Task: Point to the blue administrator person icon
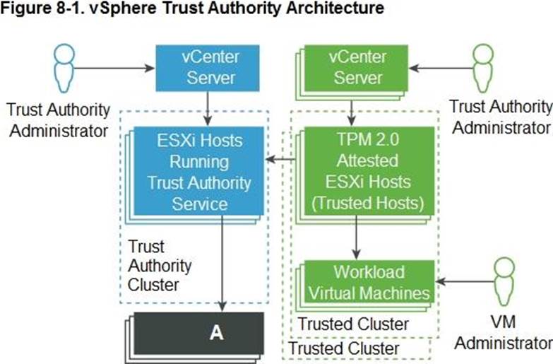(64, 68)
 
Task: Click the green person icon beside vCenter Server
(484, 68)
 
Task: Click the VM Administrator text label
(501, 332)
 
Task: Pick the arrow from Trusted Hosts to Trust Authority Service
(281, 162)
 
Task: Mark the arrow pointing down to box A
(223, 262)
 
